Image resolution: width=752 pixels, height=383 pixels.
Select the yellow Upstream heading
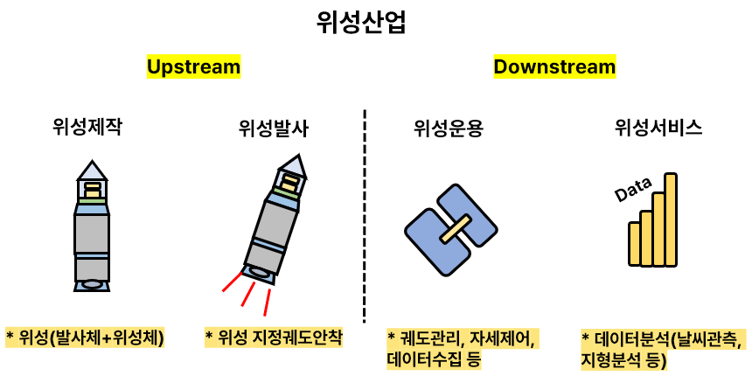tap(193, 67)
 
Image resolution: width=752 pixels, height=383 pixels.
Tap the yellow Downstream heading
tap(554, 67)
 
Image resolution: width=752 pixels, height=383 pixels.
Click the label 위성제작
tap(87, 128)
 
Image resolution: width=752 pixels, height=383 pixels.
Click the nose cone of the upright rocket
tap(91, 169)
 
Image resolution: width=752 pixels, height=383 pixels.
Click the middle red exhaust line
tap(247, 297)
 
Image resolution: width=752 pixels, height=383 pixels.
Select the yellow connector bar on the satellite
tap(451, 230)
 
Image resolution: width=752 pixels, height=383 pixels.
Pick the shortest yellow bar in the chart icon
tap(634, 243)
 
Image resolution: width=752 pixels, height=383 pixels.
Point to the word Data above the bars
tap(634, 192)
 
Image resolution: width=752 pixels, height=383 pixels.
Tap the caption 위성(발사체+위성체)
tap(86, 337)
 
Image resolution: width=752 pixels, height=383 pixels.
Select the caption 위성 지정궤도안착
tap(274, 337)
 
